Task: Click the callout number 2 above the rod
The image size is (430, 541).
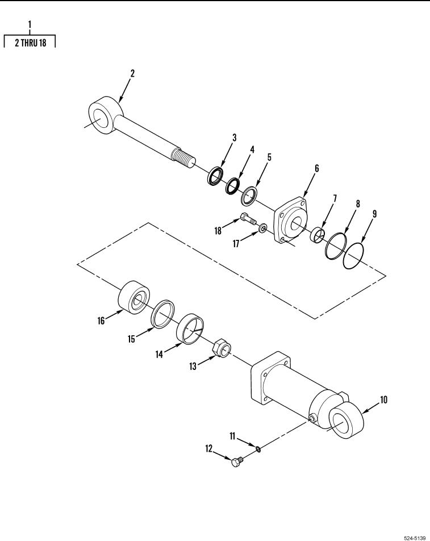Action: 132,73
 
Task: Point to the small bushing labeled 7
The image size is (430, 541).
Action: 318,235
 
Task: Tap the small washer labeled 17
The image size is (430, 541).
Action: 263,228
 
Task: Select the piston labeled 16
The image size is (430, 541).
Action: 134,297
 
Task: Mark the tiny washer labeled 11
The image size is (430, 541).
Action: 258,449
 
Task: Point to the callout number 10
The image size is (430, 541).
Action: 383,400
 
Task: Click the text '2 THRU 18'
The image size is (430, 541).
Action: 30,43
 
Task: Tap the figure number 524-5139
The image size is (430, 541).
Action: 415,538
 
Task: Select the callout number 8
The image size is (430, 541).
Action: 358,204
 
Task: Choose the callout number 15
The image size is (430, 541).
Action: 131,339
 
